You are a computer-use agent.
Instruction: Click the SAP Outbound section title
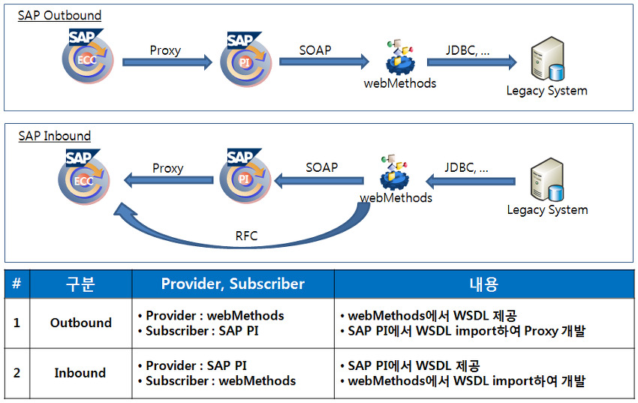pyautogui.click(x=59, y=15)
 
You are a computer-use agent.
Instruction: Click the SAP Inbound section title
pyautogui.click(x=54, y=136)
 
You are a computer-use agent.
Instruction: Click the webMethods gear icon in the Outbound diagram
pyautogui.click(x=399, y=56)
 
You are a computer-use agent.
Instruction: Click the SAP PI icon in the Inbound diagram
pyautogui.click(x=244, y=178)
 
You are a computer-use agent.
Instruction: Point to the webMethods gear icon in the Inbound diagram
pyautogui.click(x=395, y=174)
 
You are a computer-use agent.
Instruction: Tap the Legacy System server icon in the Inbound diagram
pyautogui.click(x=546, y=181)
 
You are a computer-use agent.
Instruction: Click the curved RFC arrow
pyautogui.click(x=248, y=225)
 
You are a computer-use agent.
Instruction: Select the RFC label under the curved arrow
pyautogui.click(x=246, y=236)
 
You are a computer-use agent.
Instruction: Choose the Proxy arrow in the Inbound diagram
pyautogui.click(x=168, y=180)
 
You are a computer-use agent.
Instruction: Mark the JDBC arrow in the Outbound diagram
pyautogui.click(x=471, y=62)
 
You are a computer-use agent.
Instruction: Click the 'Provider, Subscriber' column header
pyautogui.click(x=233, y=284)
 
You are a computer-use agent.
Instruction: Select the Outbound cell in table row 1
pyautogui.click(x=80, y=323)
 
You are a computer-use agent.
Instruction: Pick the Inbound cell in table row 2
pyautogui.click(x=80, y=373)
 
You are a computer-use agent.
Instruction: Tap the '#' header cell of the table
pyautogui.click(x=16, y=284)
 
